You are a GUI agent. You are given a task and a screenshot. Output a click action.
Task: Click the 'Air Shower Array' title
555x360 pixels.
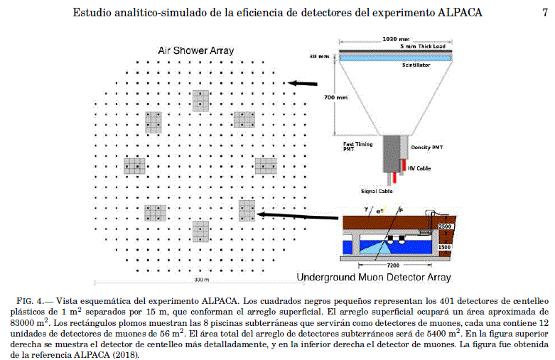pos(195,50)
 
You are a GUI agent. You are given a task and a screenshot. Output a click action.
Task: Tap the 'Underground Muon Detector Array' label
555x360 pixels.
pos(374,277)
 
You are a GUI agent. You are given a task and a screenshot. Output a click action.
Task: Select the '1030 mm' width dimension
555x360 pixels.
pos(396,39)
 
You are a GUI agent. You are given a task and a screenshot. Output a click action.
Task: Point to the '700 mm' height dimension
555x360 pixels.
pos(335,97)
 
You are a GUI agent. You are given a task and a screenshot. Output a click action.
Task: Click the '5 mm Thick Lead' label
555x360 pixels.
pos(423,46)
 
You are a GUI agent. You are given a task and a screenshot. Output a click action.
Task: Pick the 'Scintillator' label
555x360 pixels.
pos(416,65)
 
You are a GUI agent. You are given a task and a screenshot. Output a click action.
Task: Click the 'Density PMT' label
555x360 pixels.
pos(427,148)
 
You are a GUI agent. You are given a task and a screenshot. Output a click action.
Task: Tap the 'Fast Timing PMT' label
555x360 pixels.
pos(357,146)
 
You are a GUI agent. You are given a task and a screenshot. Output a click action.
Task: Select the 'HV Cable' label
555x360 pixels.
pos(419,168)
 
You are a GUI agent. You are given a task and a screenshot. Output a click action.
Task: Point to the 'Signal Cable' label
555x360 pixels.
pos(377,191)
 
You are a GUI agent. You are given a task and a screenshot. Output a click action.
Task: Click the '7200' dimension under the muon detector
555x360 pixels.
pos(393,266)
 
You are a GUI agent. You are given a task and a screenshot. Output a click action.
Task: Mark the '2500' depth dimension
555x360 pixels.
pos(445,227)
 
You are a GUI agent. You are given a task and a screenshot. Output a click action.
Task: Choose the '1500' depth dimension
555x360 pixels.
pos(445,247)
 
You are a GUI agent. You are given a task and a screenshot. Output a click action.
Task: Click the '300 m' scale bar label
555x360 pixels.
pos(201,280)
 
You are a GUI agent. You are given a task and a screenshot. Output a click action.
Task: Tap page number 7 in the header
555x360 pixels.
pos(545,12)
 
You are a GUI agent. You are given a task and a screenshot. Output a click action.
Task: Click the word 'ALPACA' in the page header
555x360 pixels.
pos(460,12)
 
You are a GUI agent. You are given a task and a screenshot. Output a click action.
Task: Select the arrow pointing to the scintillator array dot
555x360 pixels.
pos(302,84)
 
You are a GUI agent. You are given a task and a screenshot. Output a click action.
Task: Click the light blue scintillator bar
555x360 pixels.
pos(395,58)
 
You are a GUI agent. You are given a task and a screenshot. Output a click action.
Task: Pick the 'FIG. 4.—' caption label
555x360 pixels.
pos(35,301)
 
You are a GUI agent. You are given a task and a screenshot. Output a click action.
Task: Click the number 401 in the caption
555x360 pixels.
pos(446,301)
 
